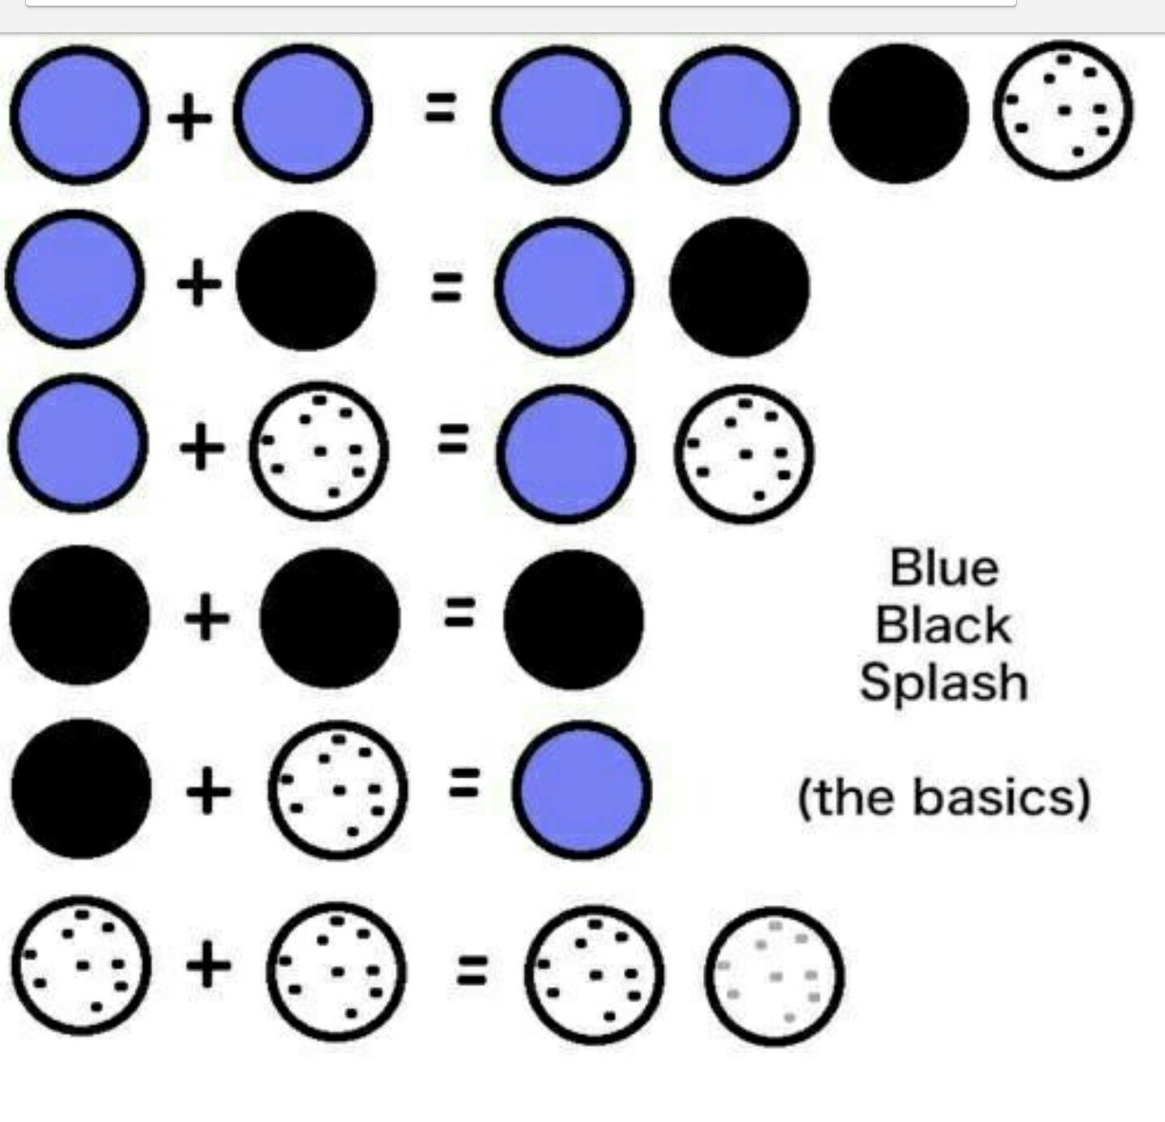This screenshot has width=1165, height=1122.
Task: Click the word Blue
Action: click(x=943, y=568)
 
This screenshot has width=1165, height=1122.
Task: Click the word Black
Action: click(x=943, y=625)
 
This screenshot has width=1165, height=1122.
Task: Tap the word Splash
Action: click(x=943, y=684)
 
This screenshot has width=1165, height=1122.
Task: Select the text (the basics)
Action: click(x=943, y=798)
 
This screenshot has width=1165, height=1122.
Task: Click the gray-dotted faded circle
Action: click(x=774, y=975)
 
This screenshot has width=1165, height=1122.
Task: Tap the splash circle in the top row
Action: click(x=1062, y=110)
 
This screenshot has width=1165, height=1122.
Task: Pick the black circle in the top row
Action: click(x=898, y=113)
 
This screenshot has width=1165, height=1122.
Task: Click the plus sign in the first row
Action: click(x=189, y=120)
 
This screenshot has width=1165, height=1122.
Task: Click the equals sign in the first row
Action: click(x=442, y=108)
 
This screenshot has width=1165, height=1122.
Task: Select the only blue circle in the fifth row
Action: click(x=581, y=790)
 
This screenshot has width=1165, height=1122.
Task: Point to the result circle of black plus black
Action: click(x=573, y=619)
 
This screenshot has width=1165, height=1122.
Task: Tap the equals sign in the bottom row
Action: click(x=472, y=971)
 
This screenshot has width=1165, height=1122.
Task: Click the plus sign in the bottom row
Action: click(x=209, y=967)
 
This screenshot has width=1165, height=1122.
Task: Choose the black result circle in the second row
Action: click(x=739, y=286)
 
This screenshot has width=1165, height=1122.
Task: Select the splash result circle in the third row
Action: click(x=743, y=453)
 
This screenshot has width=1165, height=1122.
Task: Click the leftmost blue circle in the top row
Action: click(x=78, y=114)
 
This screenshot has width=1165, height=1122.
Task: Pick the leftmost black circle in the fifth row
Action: click(x=80, y=789)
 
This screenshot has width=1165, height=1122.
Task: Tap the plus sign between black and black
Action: click(x=207, y=619)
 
